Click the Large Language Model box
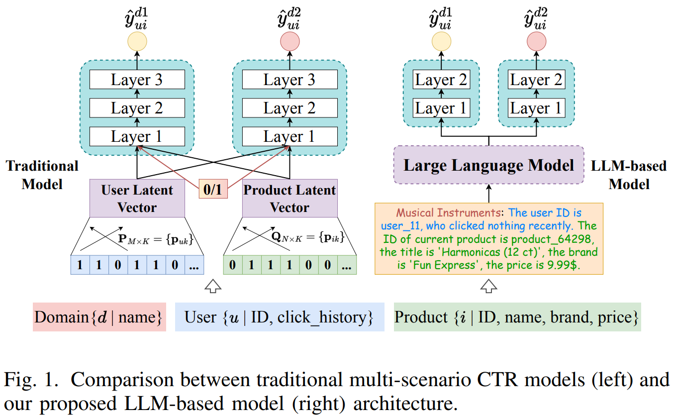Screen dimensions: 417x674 coord(488,165)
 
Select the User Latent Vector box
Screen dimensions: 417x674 coord(137,198)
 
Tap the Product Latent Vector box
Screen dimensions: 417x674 coord(289,198)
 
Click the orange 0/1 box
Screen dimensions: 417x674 coord(213,190)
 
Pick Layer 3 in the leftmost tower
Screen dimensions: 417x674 coord(137,80)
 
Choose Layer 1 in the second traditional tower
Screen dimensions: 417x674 coord(289,136)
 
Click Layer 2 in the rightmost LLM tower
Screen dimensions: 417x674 coord(536,80)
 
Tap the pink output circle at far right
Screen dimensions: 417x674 coord(536,40)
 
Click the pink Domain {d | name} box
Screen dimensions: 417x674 coord(99,317)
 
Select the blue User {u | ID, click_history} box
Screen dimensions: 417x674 coord(279,317)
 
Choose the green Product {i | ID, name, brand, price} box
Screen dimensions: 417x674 coord(517,317)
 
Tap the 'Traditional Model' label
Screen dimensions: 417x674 coord(42,175)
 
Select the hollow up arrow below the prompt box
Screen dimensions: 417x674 coord(488,286)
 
